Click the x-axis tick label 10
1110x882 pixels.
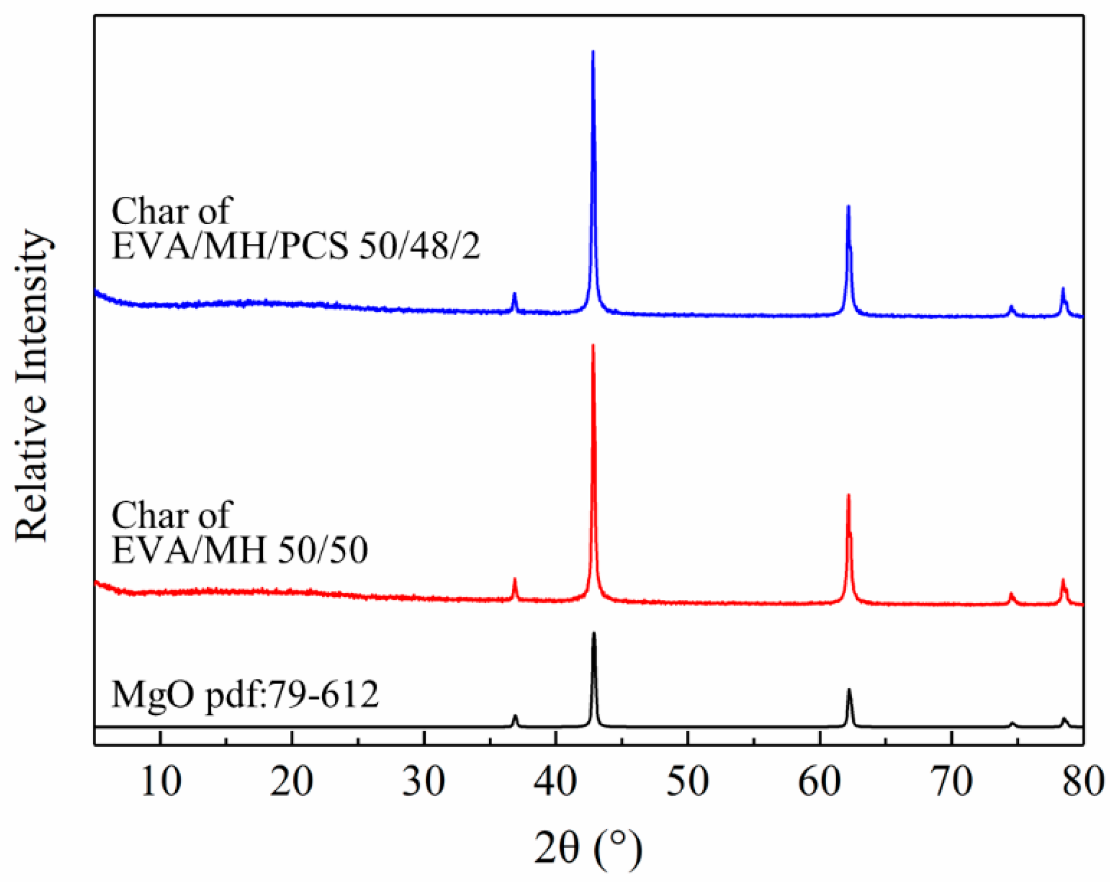tap(161, 782)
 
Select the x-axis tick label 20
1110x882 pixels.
tap(292, 782)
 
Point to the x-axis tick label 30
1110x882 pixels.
tap(424, 782)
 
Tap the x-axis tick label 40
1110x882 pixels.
tap(555, 782)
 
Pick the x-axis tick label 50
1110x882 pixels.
tap(687, 782)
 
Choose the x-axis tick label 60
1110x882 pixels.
tap(819, 782)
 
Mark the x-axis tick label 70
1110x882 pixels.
tap(951, 782)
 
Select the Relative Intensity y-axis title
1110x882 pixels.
tap(33, 385)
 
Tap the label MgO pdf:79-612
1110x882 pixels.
tap(245, 694)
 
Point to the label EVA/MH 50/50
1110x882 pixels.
tap(240, 550)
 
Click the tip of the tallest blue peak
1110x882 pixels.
tap(593, 51)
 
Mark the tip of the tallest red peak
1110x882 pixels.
tap(593, 345)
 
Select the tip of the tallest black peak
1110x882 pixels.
tap(594, 632)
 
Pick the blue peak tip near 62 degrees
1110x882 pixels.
tap(848, 206)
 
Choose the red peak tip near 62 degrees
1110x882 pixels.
tap(848, 495)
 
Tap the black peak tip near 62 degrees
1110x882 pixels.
tap(849, 689)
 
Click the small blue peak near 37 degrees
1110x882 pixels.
tap(514, 293)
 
